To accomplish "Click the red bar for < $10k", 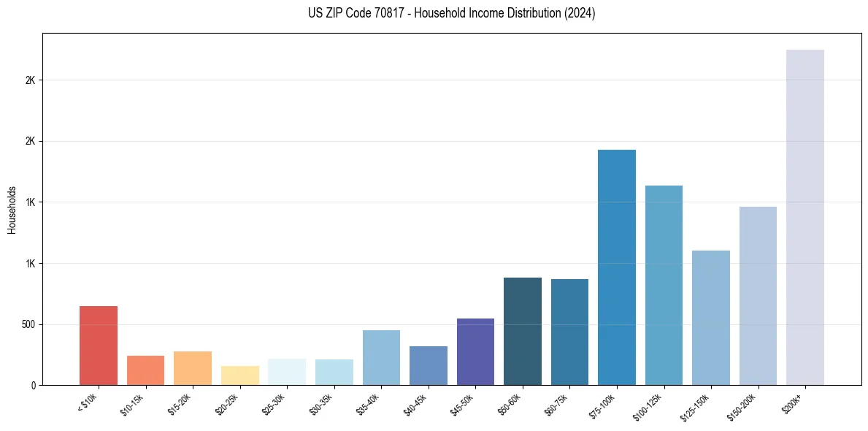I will coord(99,346).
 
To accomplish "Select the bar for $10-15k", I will coord(145,370).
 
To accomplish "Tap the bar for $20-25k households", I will coord(240,375).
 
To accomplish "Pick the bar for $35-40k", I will coord(381,358).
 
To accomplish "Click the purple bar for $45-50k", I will coord(475,352).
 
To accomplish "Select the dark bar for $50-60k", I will coord(523,332).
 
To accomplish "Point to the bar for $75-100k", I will coord(617,267).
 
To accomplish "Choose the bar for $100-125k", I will coord(664,286).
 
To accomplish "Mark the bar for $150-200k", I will coord(758,296).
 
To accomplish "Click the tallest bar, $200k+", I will coord(805,218).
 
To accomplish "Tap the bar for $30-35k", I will coord(334,373).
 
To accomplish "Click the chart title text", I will coord(434,13).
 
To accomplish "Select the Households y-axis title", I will coord(12,209).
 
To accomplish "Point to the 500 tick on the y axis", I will coord(28,324).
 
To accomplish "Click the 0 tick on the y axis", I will coord(33,385).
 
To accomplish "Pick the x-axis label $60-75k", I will coord(558,403).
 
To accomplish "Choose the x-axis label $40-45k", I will coord(416,403).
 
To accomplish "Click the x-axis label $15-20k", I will coord(180,403).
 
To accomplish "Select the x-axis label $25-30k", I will coord(274,403).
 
